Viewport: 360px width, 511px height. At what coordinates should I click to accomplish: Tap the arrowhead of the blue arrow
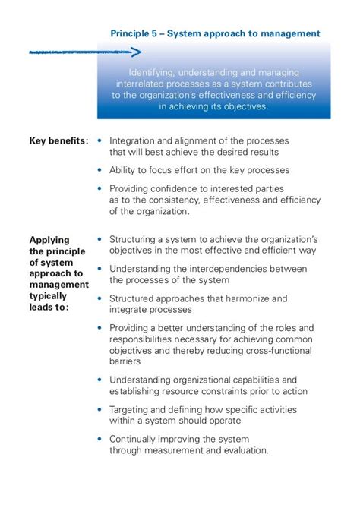(136, 52)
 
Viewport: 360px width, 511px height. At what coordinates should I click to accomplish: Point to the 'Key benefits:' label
(58, 140)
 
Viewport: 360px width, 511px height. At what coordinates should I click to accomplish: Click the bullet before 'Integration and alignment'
(99, 140)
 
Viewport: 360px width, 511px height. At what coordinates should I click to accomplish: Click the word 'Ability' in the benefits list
(124, 170)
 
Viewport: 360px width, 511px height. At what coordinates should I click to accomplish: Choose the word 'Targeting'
(131, 409)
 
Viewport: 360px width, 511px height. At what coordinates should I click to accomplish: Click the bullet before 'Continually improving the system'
(99, 439)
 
